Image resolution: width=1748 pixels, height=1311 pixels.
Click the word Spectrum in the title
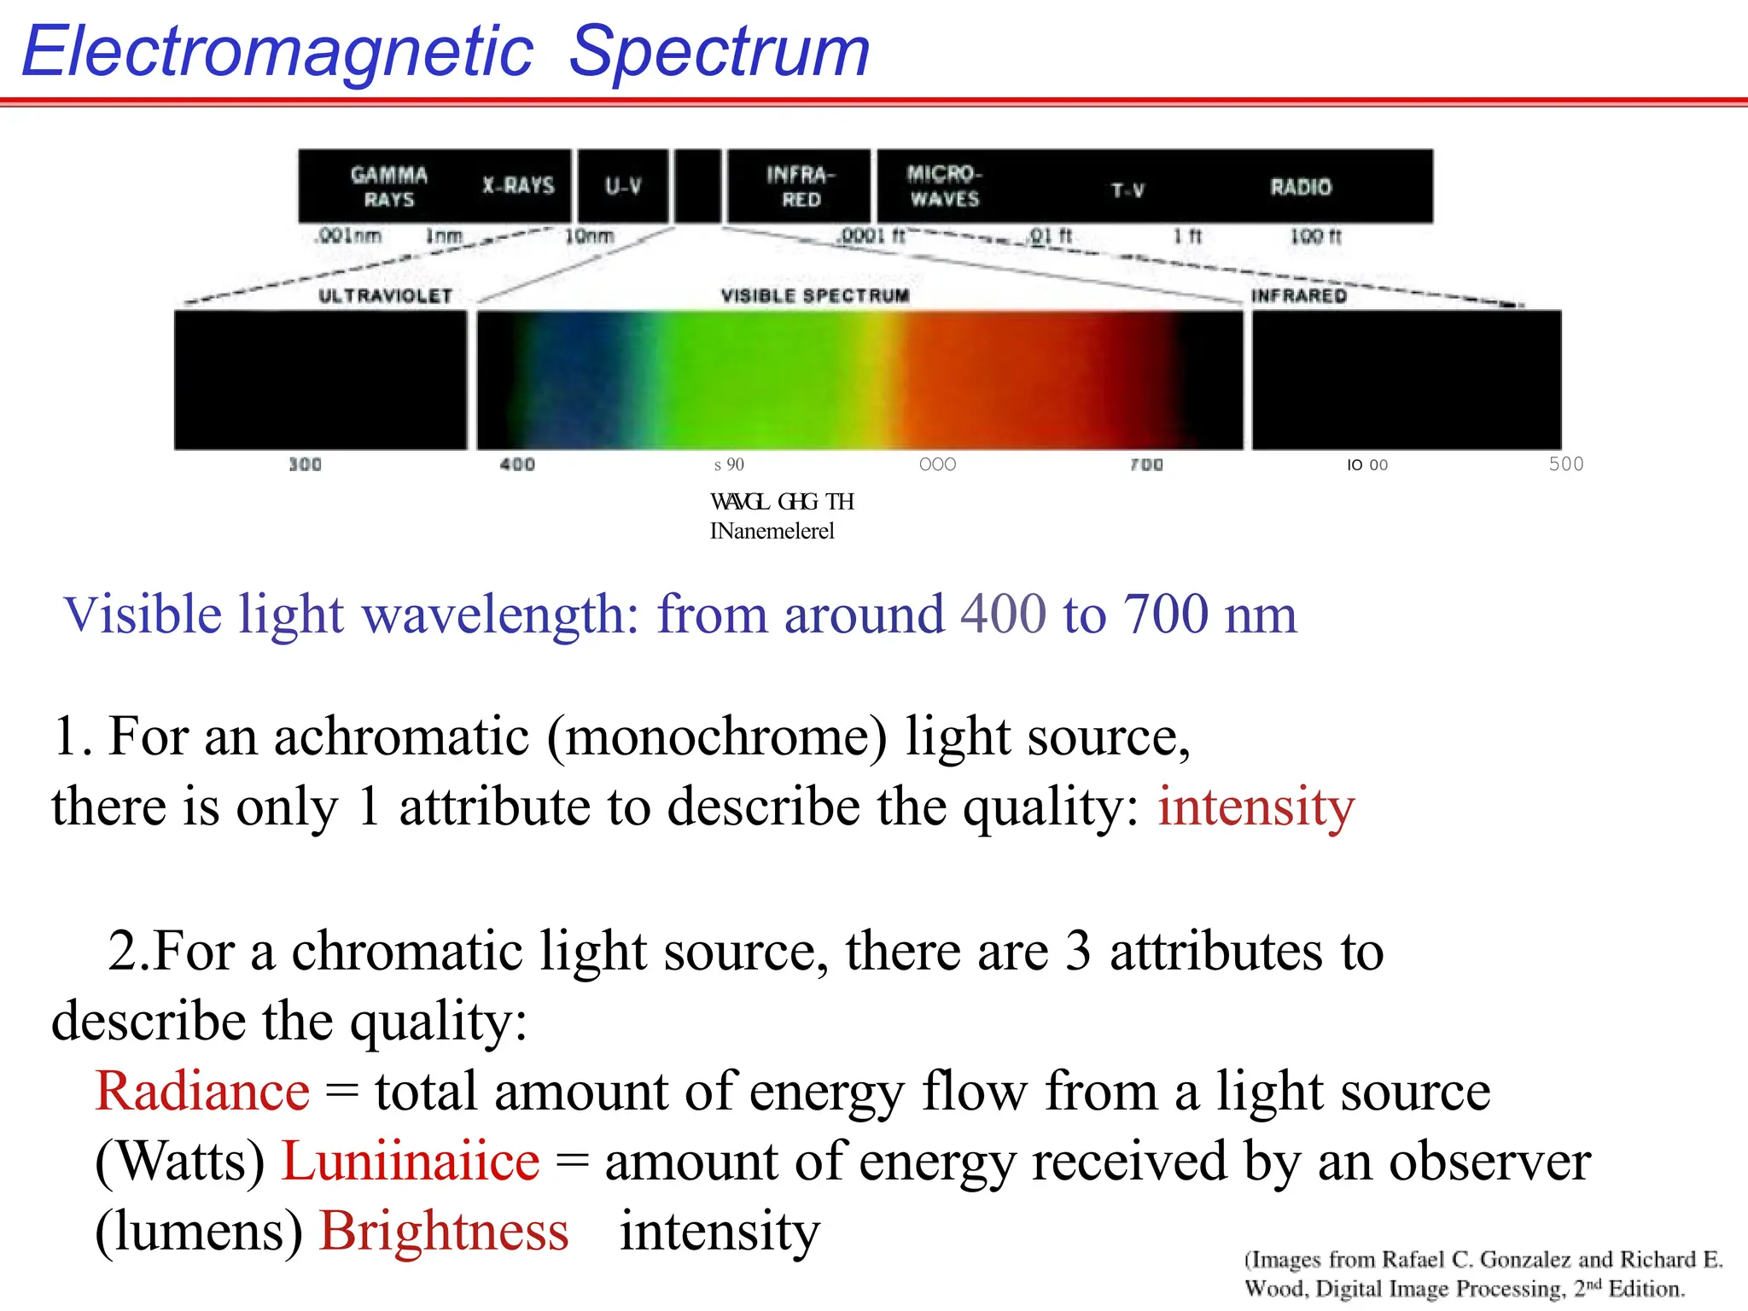[719, 53]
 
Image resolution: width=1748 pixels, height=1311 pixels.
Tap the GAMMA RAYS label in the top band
[389, 187]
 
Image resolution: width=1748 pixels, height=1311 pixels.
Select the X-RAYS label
[518, 185]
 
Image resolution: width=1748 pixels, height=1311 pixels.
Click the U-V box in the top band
[623, 186]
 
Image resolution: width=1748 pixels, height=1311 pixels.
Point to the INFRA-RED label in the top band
[800, 187]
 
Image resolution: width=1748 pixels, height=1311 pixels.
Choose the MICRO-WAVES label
[944, 186]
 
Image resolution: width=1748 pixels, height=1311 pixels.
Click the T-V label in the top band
[1127, 190]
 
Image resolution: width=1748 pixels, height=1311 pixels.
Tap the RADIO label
[1300, 187]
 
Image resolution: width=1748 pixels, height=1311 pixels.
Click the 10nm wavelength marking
[589, 236]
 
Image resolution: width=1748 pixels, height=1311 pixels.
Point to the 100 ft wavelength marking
[1315, 236]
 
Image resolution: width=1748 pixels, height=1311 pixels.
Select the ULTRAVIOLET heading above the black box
[385, 296]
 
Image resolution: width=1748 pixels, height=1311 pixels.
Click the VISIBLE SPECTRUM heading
[815, 295]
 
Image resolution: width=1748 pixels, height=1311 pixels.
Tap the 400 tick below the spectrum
[517, 464]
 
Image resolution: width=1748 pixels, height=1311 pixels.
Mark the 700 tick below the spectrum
[1146, 464]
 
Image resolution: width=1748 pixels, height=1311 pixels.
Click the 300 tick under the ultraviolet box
[305, 464]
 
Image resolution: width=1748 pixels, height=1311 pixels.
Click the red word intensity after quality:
[1256, 807]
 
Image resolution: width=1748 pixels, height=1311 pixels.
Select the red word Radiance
[202, 1092]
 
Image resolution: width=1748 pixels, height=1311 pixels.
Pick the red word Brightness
[444, 1232]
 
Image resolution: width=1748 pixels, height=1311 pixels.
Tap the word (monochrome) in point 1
[717, 737]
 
